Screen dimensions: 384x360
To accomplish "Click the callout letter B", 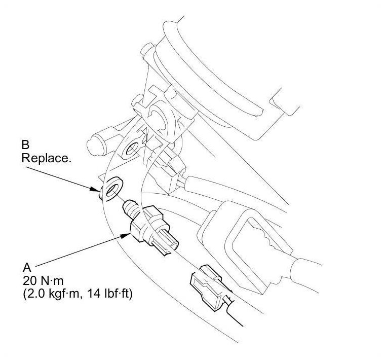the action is (25, 145).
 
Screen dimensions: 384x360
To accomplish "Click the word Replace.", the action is (46, 158).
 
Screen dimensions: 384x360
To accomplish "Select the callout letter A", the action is (27, 267).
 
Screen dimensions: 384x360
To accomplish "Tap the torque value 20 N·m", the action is (43, 281).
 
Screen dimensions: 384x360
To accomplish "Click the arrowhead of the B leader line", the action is (95, 189).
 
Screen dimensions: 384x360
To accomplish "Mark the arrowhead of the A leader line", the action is (126, 235).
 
